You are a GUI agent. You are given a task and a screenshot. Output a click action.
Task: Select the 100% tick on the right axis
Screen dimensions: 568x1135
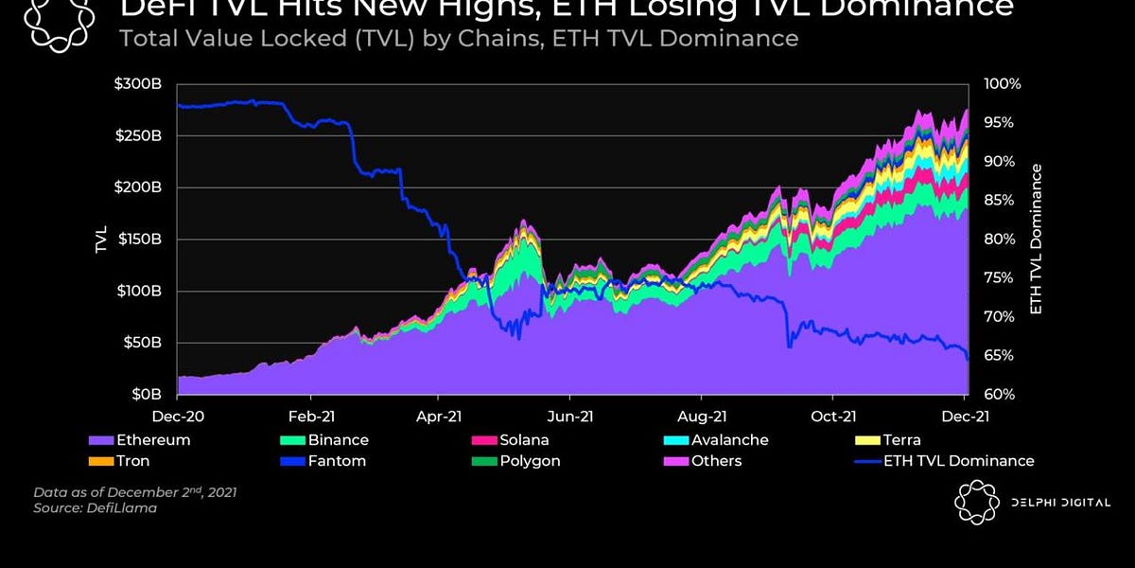1003,83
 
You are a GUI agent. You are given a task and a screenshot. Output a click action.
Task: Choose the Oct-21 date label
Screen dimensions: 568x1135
833,415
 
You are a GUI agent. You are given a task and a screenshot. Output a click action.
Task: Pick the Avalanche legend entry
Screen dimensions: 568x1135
729,440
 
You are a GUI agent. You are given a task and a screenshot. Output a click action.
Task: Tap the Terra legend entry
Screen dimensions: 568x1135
899,440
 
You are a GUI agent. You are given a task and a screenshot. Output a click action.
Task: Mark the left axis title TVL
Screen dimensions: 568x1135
101,240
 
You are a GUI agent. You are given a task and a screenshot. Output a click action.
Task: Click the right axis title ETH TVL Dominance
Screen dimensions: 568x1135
1037,240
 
